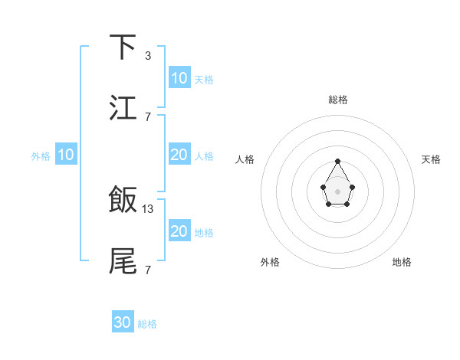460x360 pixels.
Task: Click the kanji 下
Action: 123,47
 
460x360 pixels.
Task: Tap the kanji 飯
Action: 123,200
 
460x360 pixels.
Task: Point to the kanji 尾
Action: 123,260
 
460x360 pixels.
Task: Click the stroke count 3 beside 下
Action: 147,56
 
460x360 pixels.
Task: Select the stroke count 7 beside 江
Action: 147,116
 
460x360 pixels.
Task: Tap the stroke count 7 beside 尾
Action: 147,270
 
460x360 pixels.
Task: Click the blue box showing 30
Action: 123,322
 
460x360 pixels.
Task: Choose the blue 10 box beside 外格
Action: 66,155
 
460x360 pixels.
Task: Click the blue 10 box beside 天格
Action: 179,78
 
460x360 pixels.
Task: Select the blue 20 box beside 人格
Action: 179,155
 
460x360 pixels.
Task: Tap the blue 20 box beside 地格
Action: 179,231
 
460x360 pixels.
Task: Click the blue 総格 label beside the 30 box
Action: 147,324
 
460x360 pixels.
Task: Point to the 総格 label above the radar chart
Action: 338,100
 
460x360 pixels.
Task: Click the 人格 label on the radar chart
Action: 245,159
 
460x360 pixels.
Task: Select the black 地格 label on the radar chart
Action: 402,262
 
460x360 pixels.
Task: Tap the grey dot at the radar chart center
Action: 337,191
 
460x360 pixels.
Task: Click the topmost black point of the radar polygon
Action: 337,161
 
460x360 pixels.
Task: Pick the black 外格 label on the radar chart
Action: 270,262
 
